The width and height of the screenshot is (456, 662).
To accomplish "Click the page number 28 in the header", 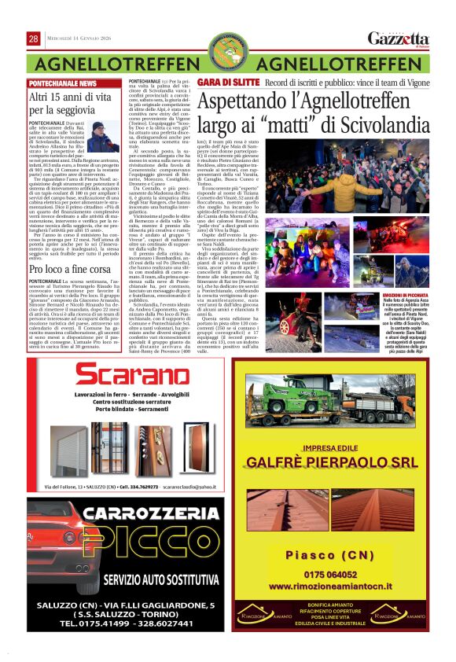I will pos(35,39).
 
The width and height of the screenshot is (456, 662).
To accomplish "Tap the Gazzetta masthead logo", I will pos(399,39).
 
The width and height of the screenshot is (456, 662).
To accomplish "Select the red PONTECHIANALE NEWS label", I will pos(64,83).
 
